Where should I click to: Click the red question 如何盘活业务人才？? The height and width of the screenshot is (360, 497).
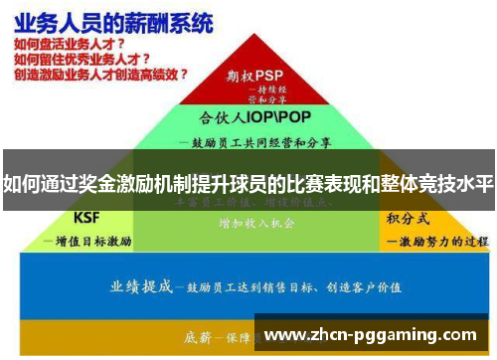tap(69, 45)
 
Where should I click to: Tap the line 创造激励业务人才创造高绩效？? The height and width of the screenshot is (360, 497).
tap(100, 75)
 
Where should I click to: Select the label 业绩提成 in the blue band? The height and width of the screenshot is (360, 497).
tap(141, 286)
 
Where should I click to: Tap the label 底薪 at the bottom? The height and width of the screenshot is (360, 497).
tap(199, 336)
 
